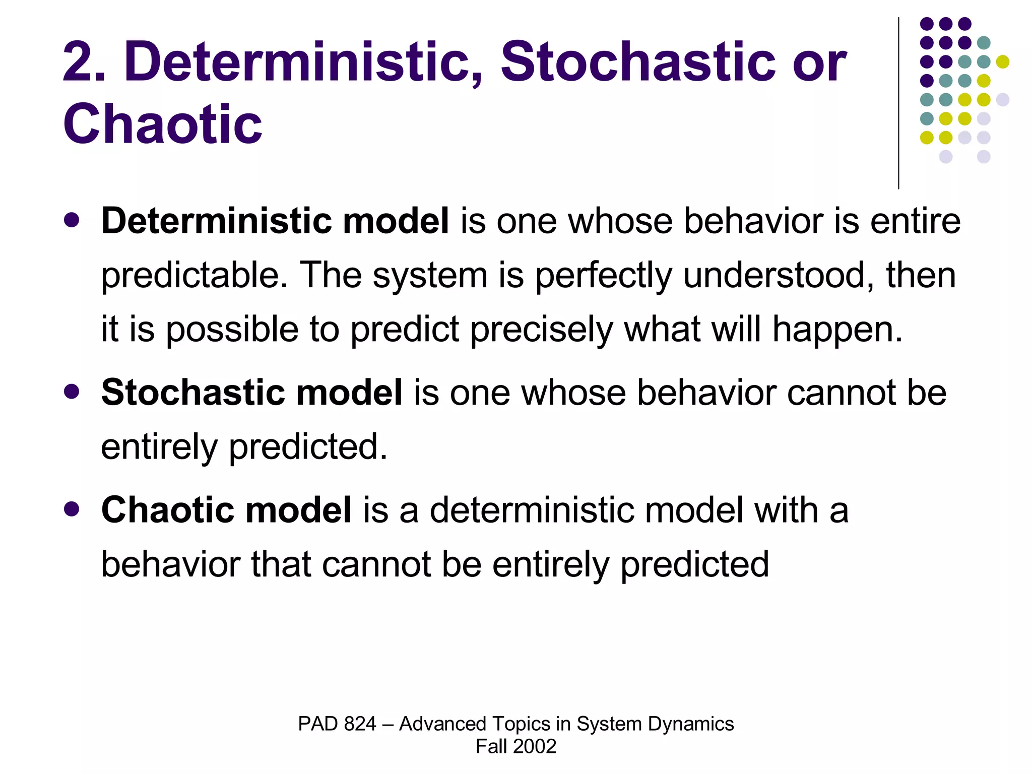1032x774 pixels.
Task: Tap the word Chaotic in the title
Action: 162,124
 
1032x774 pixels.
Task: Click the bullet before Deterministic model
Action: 72,220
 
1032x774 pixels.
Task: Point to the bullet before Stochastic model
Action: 72,392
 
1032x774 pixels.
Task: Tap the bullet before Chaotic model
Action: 72,509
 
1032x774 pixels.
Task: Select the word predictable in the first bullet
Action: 195,276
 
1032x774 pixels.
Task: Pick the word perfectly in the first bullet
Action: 603,276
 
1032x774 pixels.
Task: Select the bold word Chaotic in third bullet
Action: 167,509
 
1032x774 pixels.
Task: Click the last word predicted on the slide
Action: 694,564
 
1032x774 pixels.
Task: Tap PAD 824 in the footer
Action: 337,724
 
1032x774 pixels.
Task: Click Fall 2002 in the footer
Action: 515,746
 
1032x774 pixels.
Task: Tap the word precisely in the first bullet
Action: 541,330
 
